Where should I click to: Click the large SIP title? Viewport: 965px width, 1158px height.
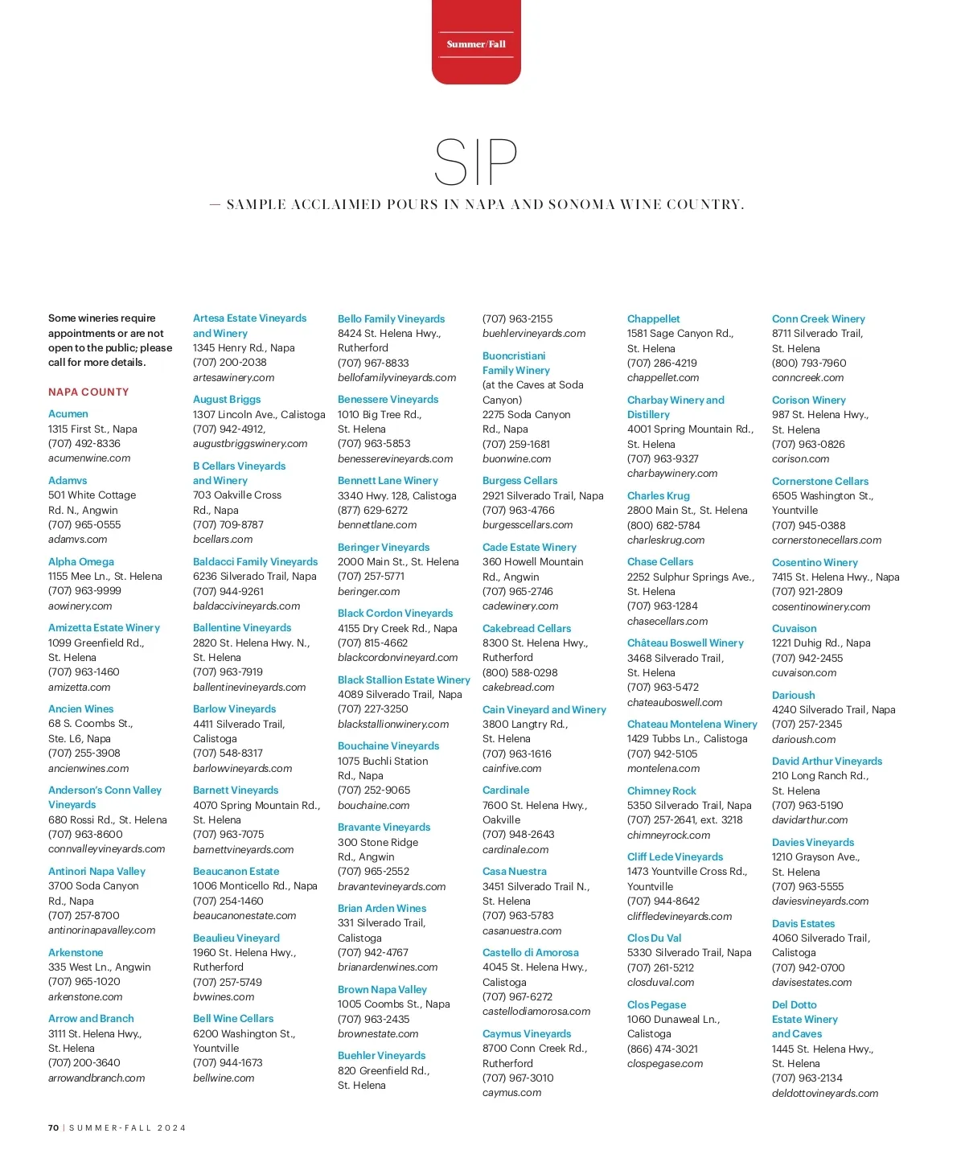click(x=475, y=162)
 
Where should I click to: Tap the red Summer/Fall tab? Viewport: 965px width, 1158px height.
click(x=476, y=43)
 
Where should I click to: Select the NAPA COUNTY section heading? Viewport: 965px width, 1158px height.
click(x=88, y=392)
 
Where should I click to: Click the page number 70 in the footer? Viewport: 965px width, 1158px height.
click(x=53, y=1127)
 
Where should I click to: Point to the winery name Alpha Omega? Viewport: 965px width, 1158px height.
click(x=81, y=561)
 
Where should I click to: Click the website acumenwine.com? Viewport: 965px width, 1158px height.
click(x=89, y=458)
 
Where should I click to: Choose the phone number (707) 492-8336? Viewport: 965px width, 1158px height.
click(x=84, y=443)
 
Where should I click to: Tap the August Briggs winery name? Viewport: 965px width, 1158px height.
click(x=227, y=399)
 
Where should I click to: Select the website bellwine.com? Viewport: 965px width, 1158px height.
click(x=224, y=1078)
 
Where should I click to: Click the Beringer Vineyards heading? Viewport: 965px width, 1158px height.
click(x=384, y=547)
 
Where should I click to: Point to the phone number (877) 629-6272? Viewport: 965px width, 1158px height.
click(x=373, y=510)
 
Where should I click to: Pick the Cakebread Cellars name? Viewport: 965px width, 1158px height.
click(x=527, y=628)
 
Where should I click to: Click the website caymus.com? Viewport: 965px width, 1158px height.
click(x=512, y=1092)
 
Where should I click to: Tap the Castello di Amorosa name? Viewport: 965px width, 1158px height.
click(x=531, y=952)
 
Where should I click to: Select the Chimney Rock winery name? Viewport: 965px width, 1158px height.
click(x=662, y=790)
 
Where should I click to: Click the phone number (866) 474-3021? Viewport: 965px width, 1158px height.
click(x=663, y=1049)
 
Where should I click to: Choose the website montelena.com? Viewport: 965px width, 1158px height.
click(x=663, y=768)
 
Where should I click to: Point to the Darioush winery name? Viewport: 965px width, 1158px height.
click(x=794, y=695)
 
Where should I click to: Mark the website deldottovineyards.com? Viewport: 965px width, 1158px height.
click(x=825, y=1093)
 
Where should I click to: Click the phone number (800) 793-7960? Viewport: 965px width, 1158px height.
click(x=809, y=363)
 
